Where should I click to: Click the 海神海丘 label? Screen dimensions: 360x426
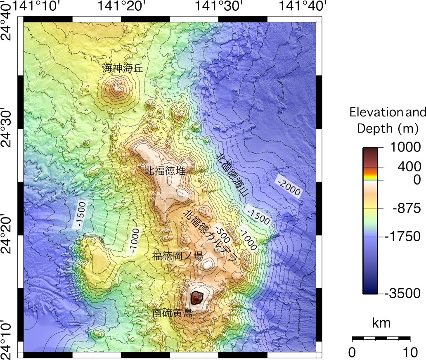point(123,69)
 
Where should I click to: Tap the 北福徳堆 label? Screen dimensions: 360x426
point(165,171)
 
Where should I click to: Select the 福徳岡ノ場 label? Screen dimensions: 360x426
point(177,256)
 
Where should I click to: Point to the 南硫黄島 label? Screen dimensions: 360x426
point(172,313)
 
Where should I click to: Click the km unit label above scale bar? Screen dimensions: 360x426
point(381,323)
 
